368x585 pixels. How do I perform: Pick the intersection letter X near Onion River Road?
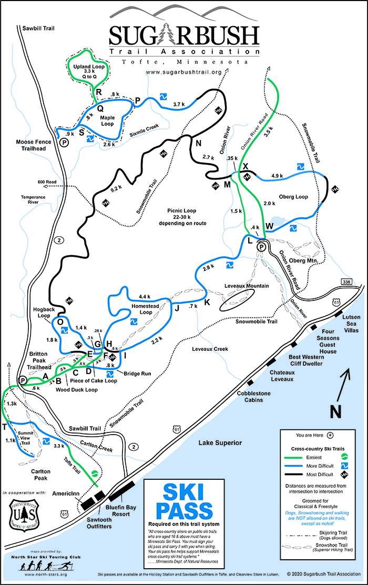pos(245,166)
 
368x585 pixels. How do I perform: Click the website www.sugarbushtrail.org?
pos(183,72)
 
